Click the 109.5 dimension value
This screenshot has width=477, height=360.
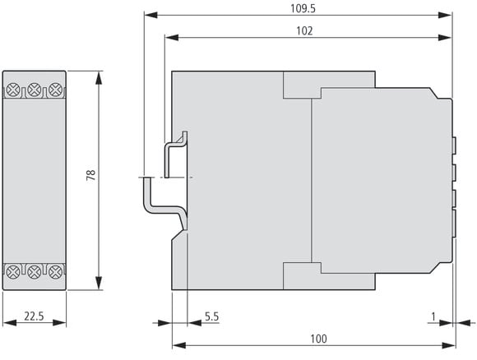click(303, 8)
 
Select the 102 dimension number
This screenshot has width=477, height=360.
click(304, 30)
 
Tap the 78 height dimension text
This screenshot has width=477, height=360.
click(91, 175)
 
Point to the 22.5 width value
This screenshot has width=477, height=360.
click(34, 316)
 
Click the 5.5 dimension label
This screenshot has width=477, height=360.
click(211, 316)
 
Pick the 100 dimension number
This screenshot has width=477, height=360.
click(318, 339)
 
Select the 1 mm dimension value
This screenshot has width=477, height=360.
click(433, 316)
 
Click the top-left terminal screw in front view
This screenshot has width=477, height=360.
click(13, 90)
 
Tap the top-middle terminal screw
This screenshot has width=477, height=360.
click(34, 90)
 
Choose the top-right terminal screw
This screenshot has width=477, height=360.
click(55, 90)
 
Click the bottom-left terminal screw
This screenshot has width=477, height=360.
click(13, 272)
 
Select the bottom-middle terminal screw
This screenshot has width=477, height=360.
click(34, 272)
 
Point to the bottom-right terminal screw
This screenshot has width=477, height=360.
click(55, 272)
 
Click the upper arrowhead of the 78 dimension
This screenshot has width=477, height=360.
click(99, 78)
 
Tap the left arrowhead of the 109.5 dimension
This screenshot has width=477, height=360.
click(151, 15)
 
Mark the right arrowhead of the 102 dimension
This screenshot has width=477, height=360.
click(445, 38)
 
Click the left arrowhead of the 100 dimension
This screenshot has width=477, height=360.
click(179, 345)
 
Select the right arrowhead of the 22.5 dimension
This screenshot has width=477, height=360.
click(59, 323)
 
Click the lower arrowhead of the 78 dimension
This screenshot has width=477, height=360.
click(99, 283)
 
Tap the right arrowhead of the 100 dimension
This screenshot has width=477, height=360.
click(449, 345)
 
